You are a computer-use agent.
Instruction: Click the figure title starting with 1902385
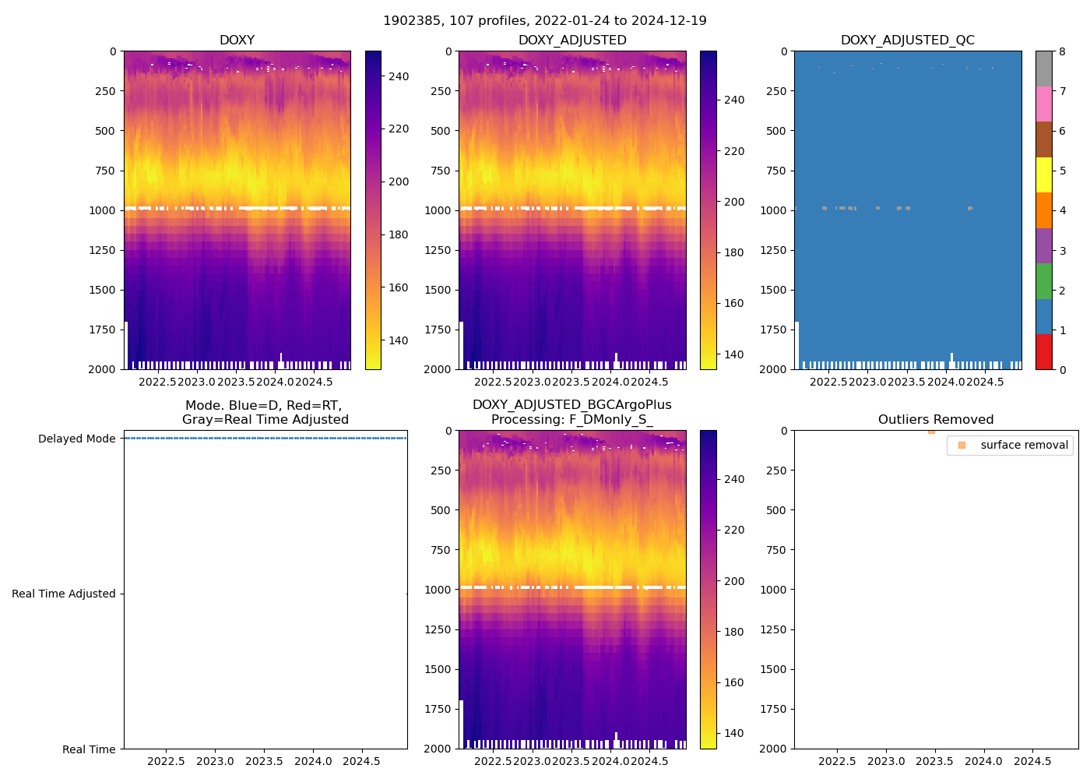pos(545,21)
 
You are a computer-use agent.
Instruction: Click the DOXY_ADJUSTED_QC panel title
pos(907,41)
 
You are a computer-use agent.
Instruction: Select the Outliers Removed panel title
pos(936,420)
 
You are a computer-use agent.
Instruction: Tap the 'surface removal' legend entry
pos(1024,445)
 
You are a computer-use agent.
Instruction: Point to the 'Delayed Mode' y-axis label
pos(77,439)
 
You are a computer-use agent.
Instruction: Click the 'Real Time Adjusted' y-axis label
pos(64,594)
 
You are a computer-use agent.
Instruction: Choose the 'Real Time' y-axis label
pos(89,749)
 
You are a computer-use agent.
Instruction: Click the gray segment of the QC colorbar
pos(1043,69)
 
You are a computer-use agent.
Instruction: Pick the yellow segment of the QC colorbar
pos(1043,174)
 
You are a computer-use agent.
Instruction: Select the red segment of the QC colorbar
pos(1043,351)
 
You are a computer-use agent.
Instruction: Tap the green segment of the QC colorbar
pos(1043,280)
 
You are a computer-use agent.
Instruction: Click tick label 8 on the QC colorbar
pos(1062,51)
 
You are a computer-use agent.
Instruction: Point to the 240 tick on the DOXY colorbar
pos(399,76)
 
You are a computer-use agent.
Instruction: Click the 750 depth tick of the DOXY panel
pos(105,171)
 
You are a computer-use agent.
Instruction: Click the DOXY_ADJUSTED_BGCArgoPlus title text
pos(571,405)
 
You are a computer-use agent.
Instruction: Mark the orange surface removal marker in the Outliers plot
pos(931,431)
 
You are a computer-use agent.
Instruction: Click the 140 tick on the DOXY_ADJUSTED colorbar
pos(733,354)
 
